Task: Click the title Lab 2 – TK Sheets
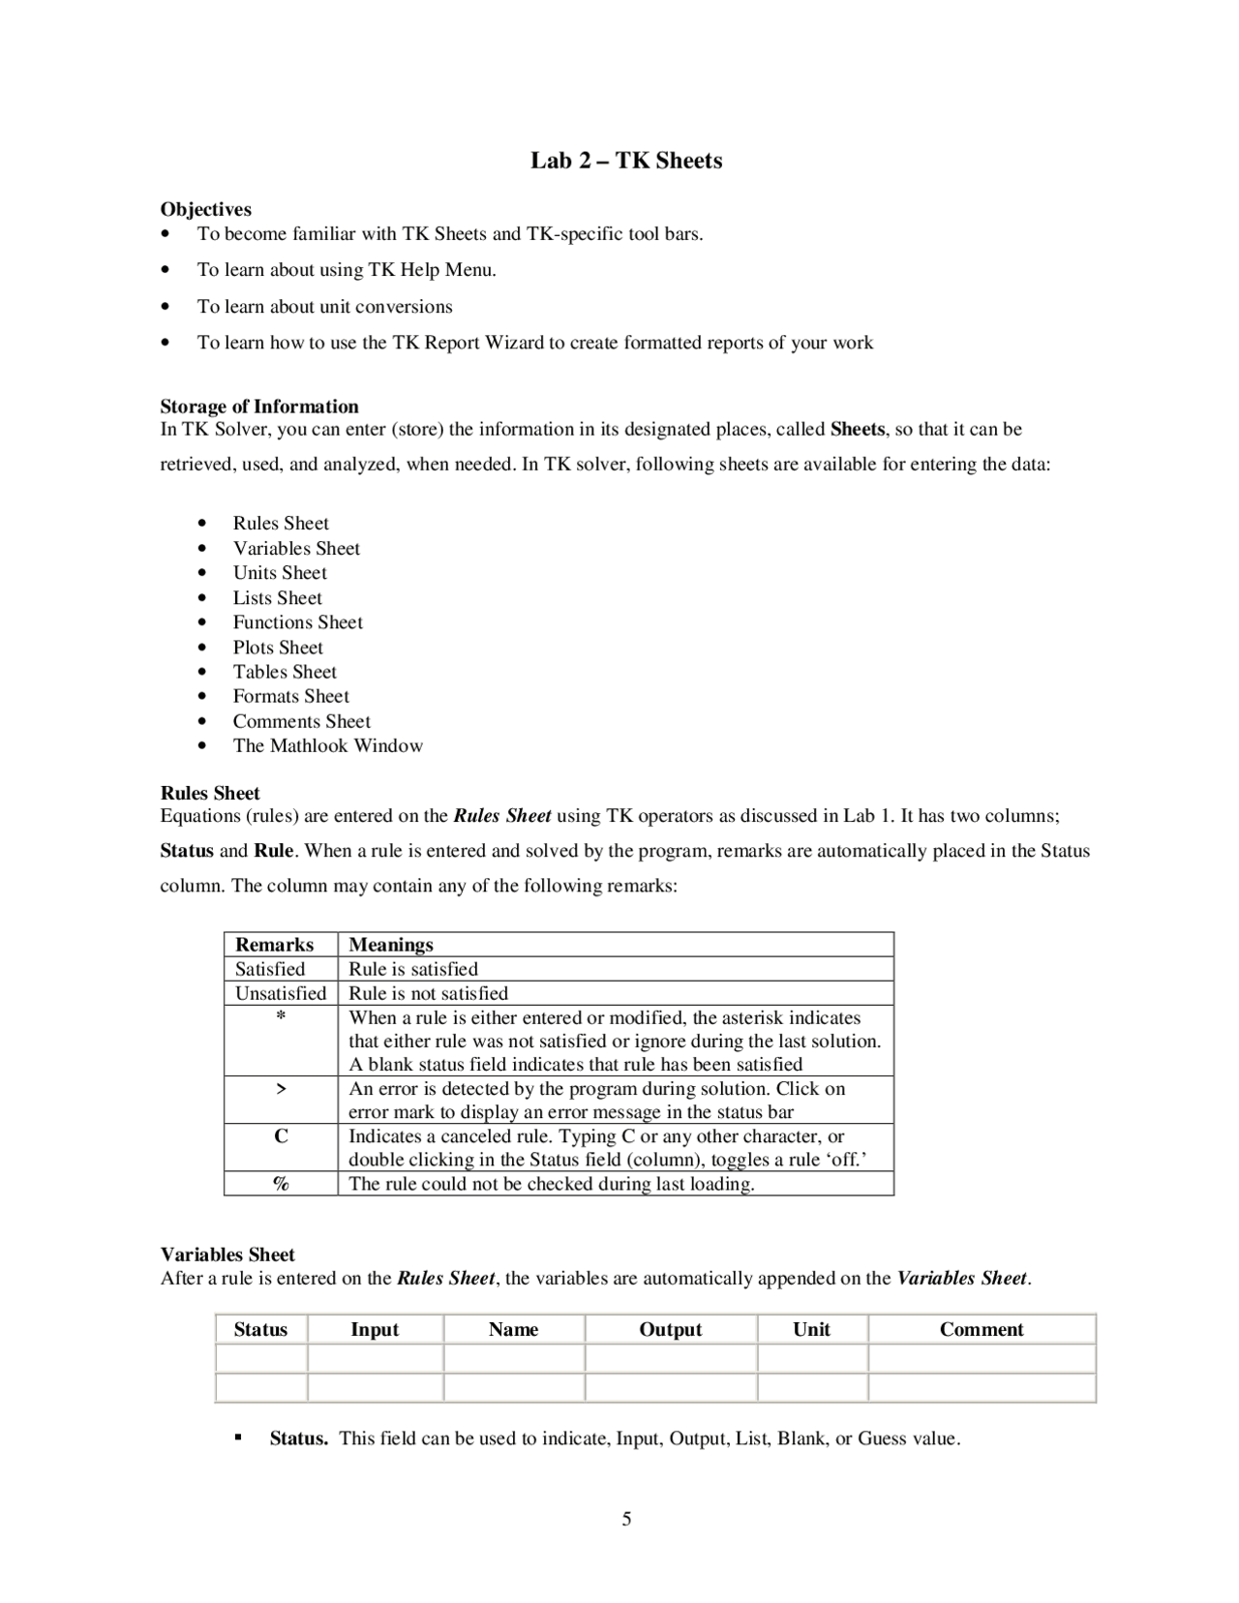click(x=626, y=161)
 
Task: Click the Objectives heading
click(x=205, y=209)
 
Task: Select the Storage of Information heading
click(x=259, y=407)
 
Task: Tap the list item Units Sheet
click(x=280, y=572)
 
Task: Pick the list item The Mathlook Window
click(x=327, y=745)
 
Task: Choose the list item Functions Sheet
click(x=297, y=622)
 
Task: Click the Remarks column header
click(x=275, y=945)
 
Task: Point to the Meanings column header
click(x=391, y=945)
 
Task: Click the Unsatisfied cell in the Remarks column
click(x=281, y=993)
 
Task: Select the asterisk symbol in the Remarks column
click(x=281, y=1016)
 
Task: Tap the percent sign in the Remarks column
click(x=281, y=1183)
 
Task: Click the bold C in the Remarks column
click(x=281, y=1136)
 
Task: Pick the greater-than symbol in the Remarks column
click(x=281, y=1089)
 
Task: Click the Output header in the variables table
click(x=670, y=1329)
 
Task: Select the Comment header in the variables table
click(x=981, y=1329)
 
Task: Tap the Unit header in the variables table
click(x=811, y=1329)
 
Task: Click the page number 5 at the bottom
click(x=626, y=1519)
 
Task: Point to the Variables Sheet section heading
click(x=227, y=1255)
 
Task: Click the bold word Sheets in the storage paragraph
click(x=858, y=429)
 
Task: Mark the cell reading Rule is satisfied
click(x=413, y=969)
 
